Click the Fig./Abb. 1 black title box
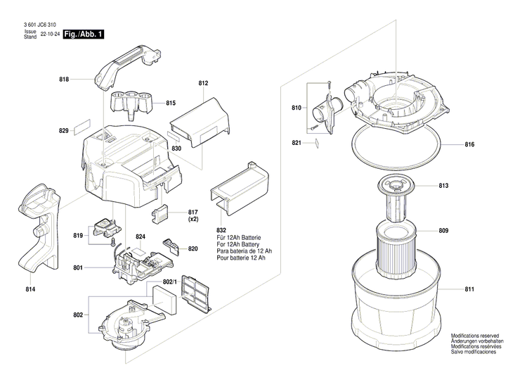[x=82, y=34]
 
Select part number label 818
[x=64, y=80]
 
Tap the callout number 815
[x=170, y=103]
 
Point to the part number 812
[x=204, y=84]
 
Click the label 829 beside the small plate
[x=64, y=131]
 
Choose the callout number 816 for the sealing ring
[x=469, y=144]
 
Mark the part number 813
[x=463, y=186]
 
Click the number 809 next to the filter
[x=463, y=231]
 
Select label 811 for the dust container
[x=469, y=289]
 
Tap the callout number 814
[x=30, y=290]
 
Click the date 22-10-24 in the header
[x=50, y=34]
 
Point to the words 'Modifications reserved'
[x=475, y=336]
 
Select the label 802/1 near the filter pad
[x=163, y=282]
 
